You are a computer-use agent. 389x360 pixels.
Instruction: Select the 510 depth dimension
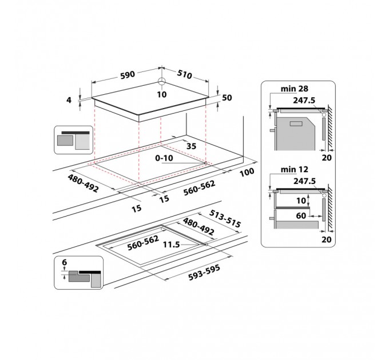coord(184,75)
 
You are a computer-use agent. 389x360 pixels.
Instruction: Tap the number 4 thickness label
coord(70,100)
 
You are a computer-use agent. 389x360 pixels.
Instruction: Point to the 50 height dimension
coord(227,98)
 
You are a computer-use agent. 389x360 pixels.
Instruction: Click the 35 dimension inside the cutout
coord(191,146)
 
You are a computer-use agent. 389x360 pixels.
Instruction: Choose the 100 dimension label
coord(248,172)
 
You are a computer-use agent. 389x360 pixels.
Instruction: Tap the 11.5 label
coord(172,244)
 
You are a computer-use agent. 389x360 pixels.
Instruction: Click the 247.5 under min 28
coord(304,99)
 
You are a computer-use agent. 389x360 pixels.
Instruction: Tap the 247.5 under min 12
coord(304,181)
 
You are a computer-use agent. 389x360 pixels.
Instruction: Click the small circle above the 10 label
coord(161,82)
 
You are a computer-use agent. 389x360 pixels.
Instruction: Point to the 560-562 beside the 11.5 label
coord(142,242)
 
